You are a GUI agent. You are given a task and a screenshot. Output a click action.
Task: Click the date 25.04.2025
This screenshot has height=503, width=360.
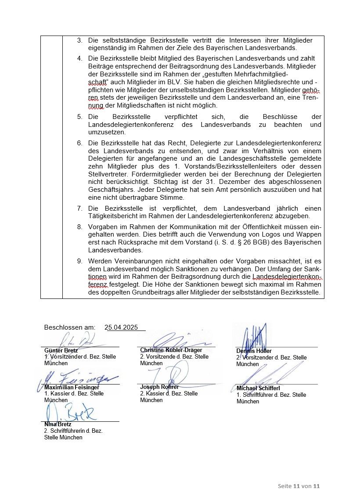pos(121,327)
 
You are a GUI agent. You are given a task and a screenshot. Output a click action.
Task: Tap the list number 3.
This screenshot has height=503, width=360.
pos(80,40)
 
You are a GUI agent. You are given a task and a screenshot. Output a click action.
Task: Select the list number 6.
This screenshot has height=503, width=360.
pos(80,143)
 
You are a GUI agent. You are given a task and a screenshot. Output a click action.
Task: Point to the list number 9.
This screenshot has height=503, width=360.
pos(80,261)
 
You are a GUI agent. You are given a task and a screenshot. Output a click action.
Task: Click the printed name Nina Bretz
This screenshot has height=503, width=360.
pos(58,424)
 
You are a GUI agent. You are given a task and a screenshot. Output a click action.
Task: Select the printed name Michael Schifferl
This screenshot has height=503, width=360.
pos(258,388)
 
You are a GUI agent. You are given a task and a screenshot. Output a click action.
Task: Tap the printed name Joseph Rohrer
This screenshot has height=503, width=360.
pos(159,387)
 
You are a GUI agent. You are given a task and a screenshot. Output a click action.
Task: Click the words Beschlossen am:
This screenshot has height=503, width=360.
pos(70,327)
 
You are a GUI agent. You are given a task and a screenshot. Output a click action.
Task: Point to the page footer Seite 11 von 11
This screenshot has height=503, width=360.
pos(299,486)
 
